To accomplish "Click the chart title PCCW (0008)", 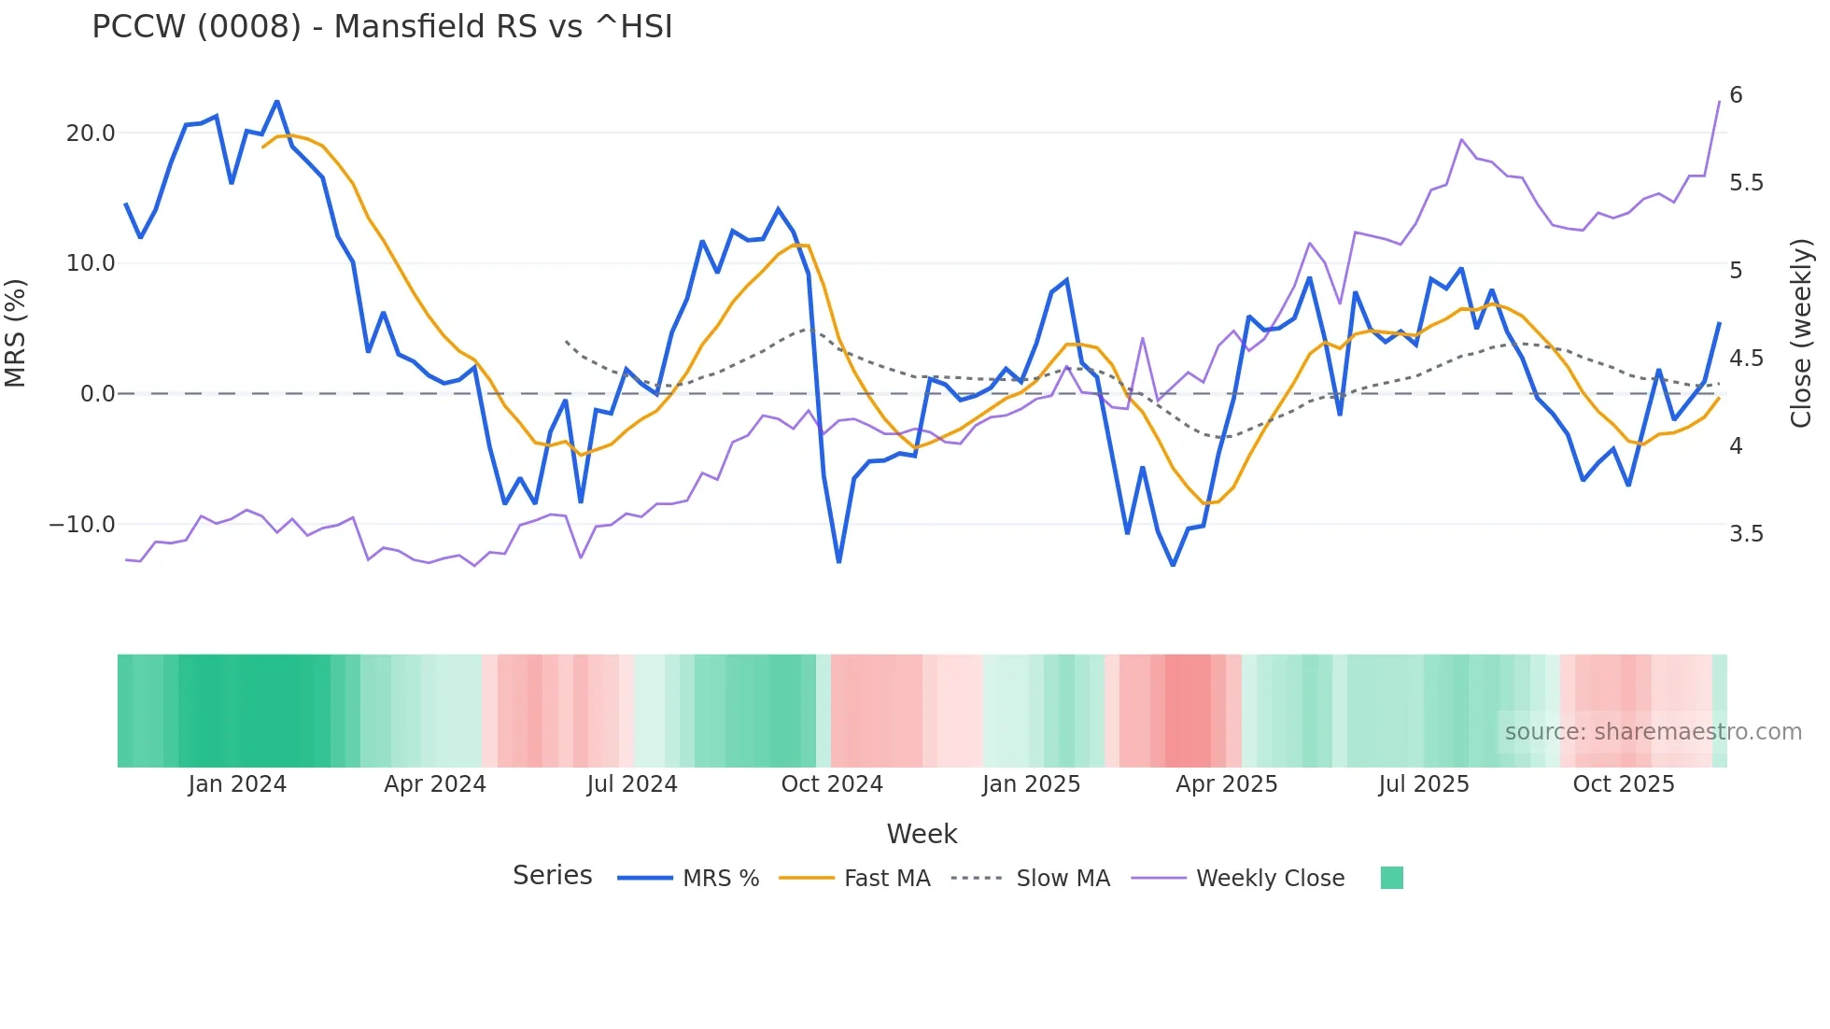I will [x=382, y=27].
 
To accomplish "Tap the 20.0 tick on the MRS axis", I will [x=91, y=134].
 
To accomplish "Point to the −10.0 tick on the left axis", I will [x=82, y=525].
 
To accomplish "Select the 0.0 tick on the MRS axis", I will [x=97, y=394].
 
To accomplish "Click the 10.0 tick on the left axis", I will [x=91, y=263].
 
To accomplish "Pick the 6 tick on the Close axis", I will [x=1736, y=95].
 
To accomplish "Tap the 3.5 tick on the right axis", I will [x=1746, y=534].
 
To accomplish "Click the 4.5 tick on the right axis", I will [x=1746, y=359].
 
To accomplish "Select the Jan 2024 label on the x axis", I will [x=237, y=784].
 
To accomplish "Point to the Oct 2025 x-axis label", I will [x=1624, y=784].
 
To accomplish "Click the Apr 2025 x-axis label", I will [x=1226, y=784].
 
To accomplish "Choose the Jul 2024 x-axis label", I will [x=632, y=784].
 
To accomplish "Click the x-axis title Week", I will [x=922, y=834].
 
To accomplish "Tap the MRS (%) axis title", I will [x=16, y=333].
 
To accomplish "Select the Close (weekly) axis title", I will [x=1801, y=333].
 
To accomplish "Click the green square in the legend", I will [x=1391, y=878].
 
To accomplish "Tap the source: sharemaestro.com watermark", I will [x=1653, y=732].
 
